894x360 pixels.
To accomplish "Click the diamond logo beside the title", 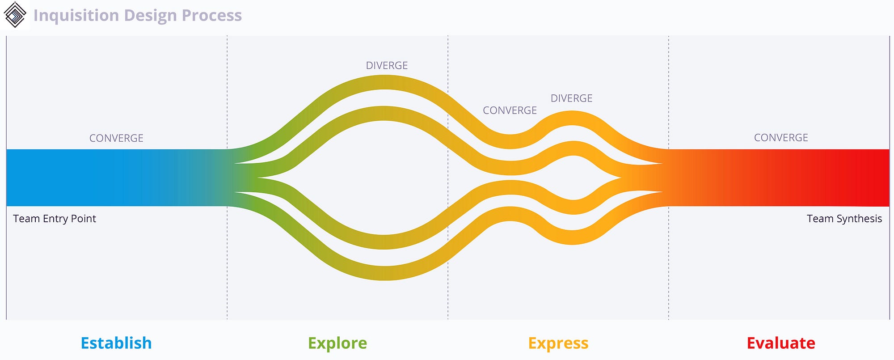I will [x=15, y=15].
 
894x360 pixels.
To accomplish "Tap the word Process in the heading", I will [x=212, y=15].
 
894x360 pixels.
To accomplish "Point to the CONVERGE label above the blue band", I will [x=116, y=138].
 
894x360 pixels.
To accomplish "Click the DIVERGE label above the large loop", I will [x=387, y=66].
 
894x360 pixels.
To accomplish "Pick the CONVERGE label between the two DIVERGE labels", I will [x=510, y=110].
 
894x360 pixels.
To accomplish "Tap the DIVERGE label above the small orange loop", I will [x=571, y=98].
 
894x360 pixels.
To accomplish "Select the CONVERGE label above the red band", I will [x=781, y=138].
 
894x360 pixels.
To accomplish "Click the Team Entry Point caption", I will [x=55, y=219].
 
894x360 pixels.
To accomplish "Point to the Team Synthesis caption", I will [x=844, y=219].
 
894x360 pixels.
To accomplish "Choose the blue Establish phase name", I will [x=116, y=343].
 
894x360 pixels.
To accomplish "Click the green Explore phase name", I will [x=337, y=343].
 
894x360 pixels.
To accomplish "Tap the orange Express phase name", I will [x=558, y=343].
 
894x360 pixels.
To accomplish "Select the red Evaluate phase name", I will [x=781, y=343].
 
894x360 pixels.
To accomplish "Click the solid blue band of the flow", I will [x=89, y=178].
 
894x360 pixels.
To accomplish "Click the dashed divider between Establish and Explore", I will [x=227, y=268].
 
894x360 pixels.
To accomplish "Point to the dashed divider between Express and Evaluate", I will [x=669, y=268].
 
